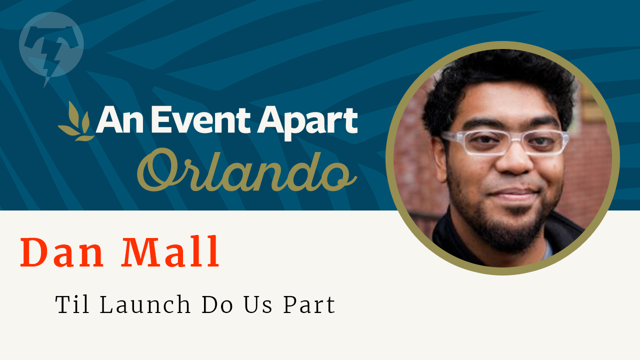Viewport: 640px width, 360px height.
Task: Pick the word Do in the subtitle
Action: (x=216, y=305)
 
